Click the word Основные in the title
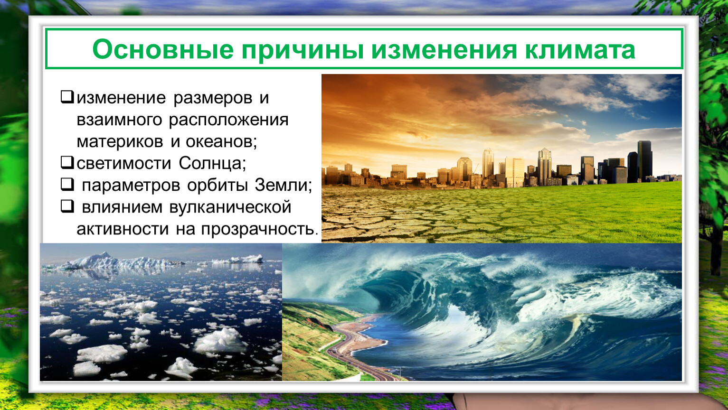(x=163, y=49)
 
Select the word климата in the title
(x=580, y=50)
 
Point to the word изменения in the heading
(x=444, y=50)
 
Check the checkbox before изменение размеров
(x=67, y=97)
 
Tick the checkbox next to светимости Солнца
(x=67, y=162)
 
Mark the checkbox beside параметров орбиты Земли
(x=67, y=184)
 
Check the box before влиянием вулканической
(x=67, y=206)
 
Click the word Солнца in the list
(x=212, y=163)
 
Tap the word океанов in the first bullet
(x=221, y=142)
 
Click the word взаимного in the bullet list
(x=119, y=120)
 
